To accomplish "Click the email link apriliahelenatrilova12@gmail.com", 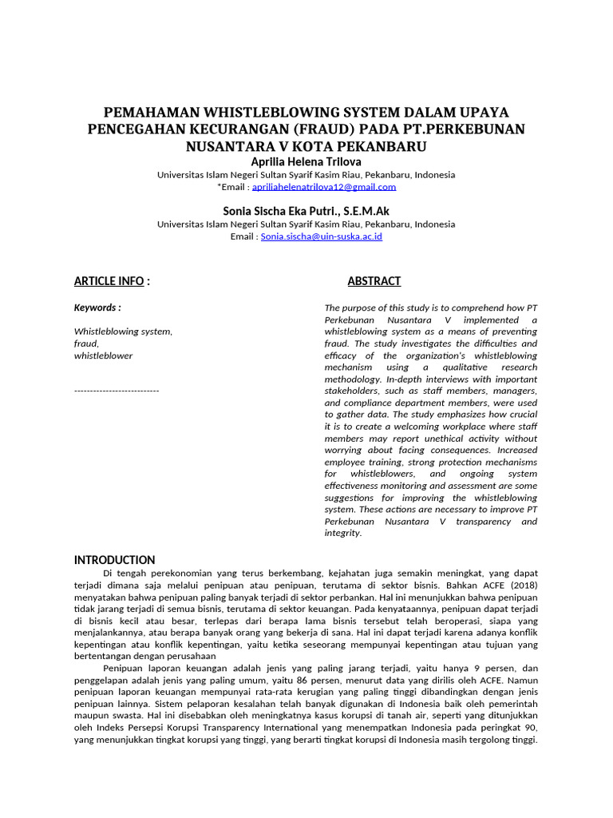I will coord(323,187).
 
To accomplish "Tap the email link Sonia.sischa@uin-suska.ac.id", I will coord(322,236).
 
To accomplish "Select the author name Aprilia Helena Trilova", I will coord(306,162).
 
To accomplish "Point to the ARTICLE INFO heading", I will coord(109,281).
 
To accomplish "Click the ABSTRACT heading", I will coord(374,281).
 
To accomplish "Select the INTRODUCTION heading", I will coord(114,560).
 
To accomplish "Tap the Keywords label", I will coord(97,308).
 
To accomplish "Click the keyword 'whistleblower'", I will coord(103,355).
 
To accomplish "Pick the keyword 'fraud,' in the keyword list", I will coord(86,343).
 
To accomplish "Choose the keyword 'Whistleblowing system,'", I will coord(123,331).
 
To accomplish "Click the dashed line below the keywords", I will coord(117,390).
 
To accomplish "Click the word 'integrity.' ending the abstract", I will coord(343,534).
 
